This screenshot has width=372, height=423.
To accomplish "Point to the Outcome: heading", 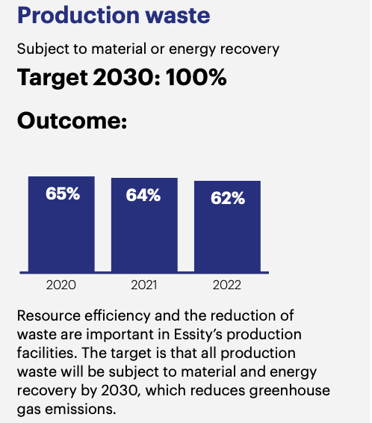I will click(72, 120).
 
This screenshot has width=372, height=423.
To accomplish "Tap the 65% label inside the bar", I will click(62, 195).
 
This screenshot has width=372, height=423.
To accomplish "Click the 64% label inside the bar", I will click(144, 196).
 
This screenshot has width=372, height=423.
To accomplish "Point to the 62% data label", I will click(227, 198).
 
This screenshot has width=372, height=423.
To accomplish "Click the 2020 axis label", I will click(61, 285).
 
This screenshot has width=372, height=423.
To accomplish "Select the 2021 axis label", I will click(144, 285).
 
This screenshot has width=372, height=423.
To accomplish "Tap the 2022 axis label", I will click(227, 285).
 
